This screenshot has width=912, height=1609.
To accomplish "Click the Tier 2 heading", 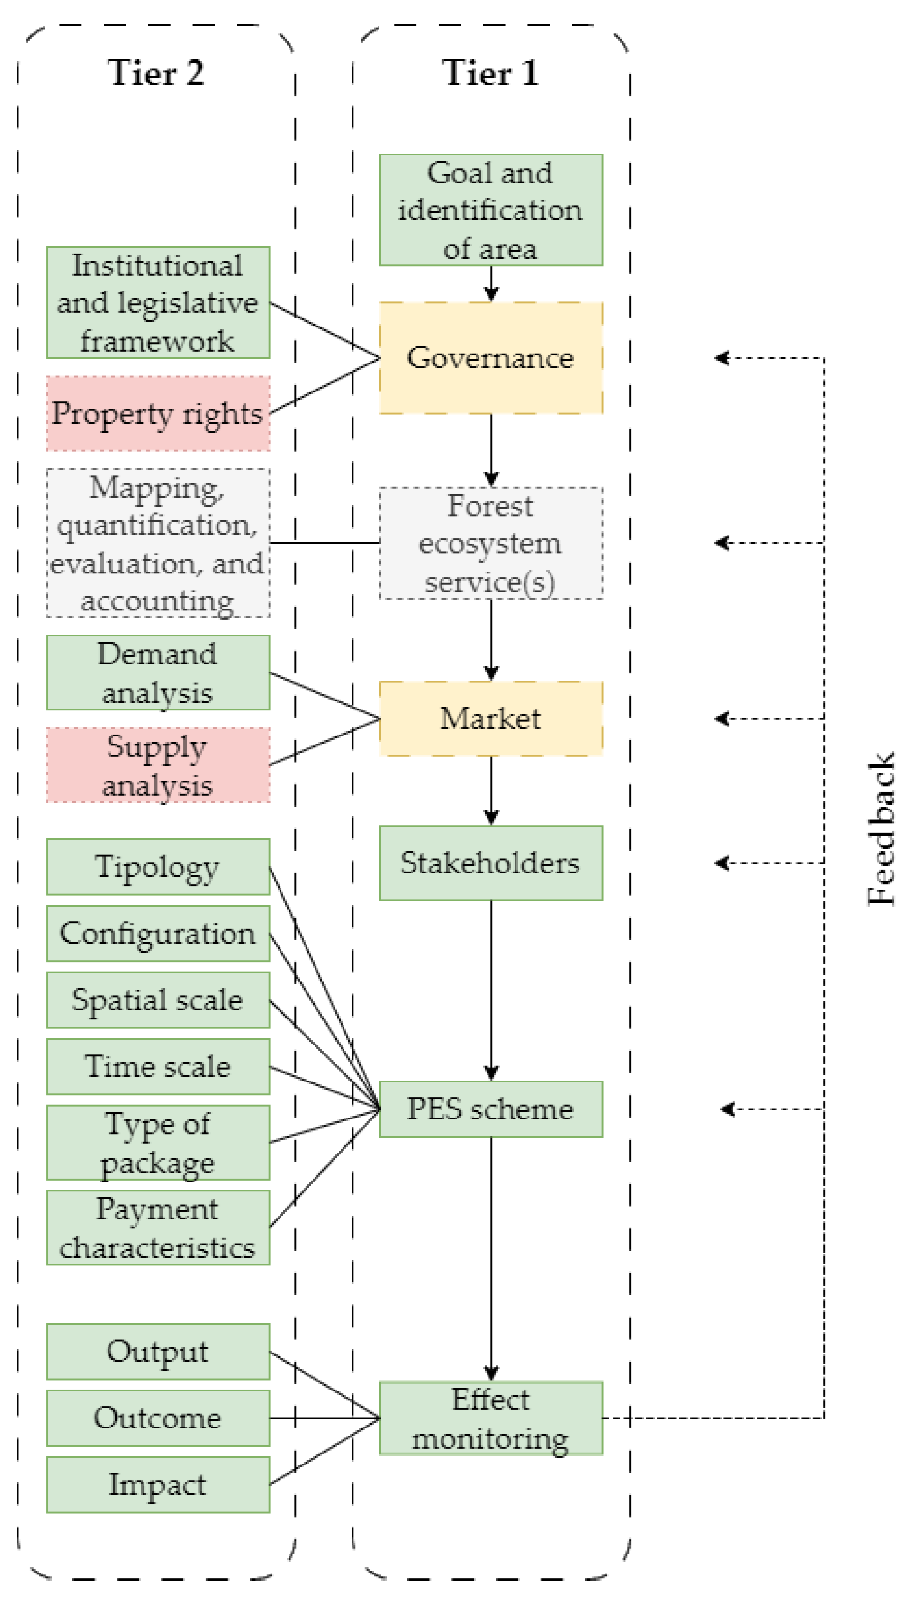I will click(155, 73).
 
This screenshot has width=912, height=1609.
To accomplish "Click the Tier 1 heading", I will click(490, 73).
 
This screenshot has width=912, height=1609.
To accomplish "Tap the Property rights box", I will click(158, 414).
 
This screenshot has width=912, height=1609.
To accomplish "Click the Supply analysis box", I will click(158, 765).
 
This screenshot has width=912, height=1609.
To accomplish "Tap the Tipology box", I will click(158, 867).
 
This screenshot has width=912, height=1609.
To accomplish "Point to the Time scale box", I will click(158, 1066).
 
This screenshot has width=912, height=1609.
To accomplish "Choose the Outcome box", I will click(158, 1418).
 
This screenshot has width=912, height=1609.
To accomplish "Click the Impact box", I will click(158, 1484).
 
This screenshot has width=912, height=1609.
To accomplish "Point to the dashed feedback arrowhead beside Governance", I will click(721, 358).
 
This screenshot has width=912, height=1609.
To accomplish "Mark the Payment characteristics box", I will click(158, 1228).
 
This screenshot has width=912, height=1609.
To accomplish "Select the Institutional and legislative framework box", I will click(158, 303).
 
